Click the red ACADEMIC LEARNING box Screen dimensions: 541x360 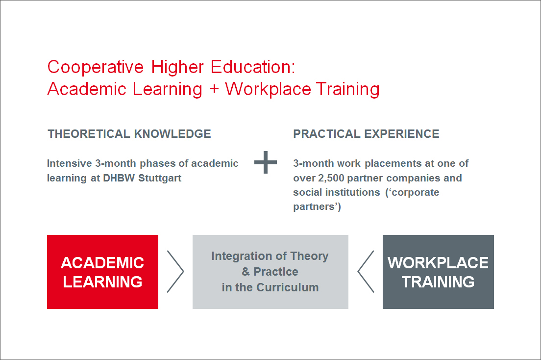102,272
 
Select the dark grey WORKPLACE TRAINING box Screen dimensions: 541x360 438,272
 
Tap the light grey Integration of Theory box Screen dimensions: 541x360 270,272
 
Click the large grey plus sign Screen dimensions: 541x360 265,162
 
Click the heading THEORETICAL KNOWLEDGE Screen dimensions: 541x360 129,134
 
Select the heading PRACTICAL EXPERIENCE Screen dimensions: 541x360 366,134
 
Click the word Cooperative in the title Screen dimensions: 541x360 95,67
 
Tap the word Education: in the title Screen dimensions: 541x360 253,67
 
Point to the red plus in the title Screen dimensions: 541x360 214,89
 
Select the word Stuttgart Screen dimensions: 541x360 160,178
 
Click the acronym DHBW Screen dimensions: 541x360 119,178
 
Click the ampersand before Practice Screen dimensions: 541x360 246,272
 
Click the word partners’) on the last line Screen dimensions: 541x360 317,206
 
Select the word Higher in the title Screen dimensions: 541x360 177,67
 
